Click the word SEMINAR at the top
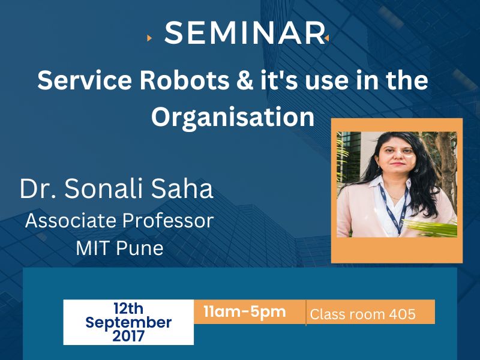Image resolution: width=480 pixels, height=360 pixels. (x=244, y=33)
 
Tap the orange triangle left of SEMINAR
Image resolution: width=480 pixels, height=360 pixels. (x=149, y=38)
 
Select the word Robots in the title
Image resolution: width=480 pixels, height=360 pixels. (x=184, y=80)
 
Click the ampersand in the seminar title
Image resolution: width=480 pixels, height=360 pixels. (x=245, y=80)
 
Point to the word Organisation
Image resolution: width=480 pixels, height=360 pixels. (x=233, y=117)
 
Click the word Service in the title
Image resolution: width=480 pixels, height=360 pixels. (x=85, y=80)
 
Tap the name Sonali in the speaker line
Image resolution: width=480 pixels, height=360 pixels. (x=103, y=188)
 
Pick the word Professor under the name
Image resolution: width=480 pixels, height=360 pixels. (x=168, y=220)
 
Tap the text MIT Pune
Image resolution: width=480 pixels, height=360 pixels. (x=119, y=248)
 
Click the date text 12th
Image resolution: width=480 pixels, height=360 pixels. (x=128, y=308)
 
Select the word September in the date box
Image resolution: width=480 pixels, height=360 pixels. (x=128, y=323)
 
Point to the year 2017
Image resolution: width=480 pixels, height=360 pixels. (x=128, y=336)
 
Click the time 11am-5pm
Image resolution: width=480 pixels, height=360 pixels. (x=245, y=311)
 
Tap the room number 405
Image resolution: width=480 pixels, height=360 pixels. (x=402, y=314)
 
